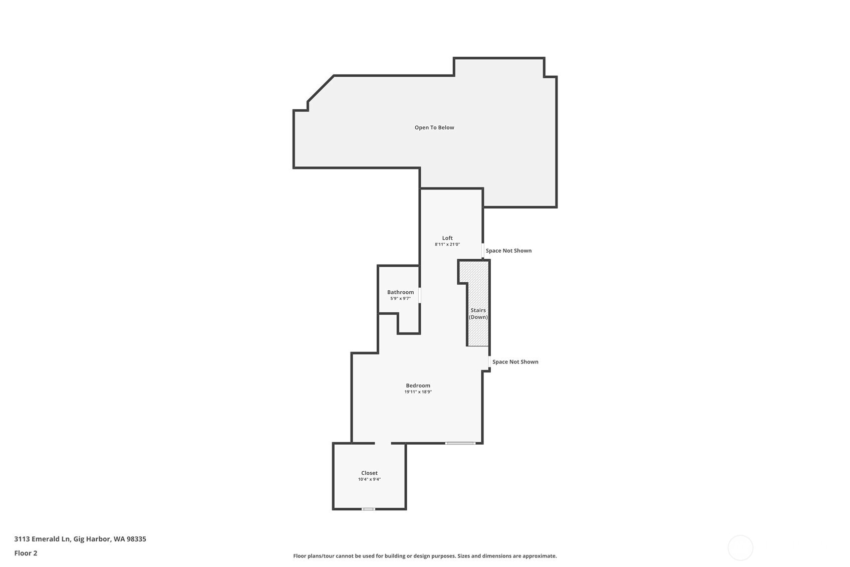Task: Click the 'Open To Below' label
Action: pos(434,127)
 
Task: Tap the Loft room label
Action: pos(447,238)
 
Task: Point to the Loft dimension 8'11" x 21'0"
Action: pos(447,245)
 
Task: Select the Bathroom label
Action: pos(400,292)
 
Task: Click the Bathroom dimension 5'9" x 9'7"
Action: pos(400,299)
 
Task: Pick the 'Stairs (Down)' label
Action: pos(478,314)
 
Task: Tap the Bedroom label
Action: pos(418,386)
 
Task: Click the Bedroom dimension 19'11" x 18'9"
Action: pos(418,392)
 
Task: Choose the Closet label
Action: pos(369,473)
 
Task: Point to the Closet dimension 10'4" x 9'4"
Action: pos(369,479)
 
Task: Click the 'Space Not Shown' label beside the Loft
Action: pos(508,251)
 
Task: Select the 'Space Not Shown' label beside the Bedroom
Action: pos(515,362)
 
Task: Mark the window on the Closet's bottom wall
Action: pos(368,509)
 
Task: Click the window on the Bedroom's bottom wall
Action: pos(460,443)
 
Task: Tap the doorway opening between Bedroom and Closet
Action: pos(383,443)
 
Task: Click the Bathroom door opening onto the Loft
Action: pos(420,295)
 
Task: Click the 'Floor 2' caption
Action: pos(26,553)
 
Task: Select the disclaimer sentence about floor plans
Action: pos(425,556)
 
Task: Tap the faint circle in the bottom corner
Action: pos(740,548)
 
